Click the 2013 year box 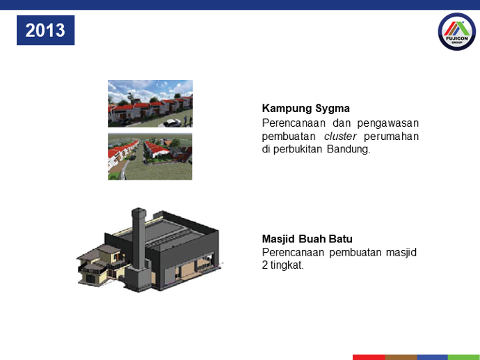[x=46, y=31]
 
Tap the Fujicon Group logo [x=457, y=31]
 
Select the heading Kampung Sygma [x=306, y=109]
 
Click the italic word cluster [x=340, y=136]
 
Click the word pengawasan [x=388, y=123]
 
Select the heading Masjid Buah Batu [x=307, y=239]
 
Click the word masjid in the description [x=401, y=252]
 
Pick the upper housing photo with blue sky [x=150, y=104]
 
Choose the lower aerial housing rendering [x=150, y=156]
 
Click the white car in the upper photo [x=172, y=123]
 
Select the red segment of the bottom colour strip [x=369, y=357]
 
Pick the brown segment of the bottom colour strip [x=401, y=357]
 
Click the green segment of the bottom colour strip [x=464, y=357]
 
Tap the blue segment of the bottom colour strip [x=433, y=357]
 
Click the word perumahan [x=391, y=136]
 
